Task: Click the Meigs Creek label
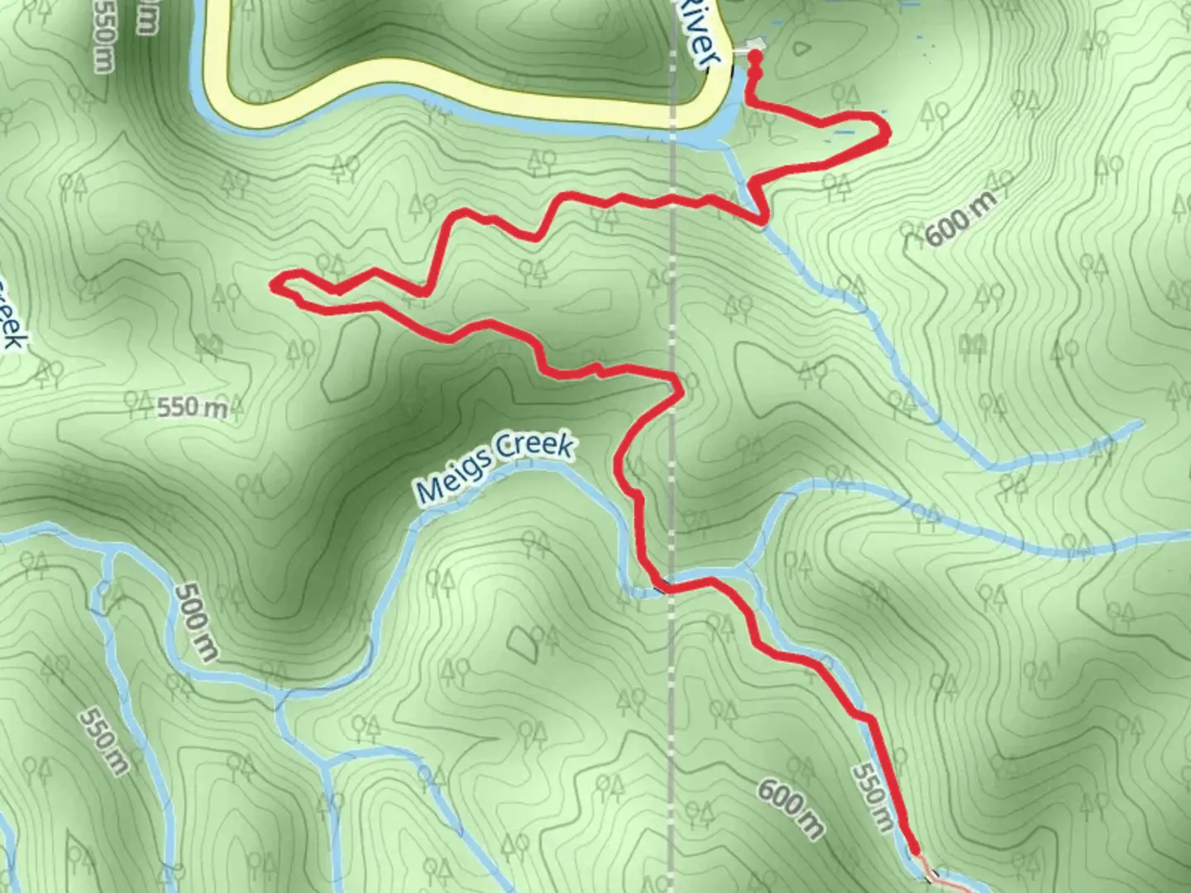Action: [495, 467]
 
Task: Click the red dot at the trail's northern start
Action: [754, 56]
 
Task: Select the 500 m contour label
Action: [197, 622]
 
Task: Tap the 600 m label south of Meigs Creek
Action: [791, 809]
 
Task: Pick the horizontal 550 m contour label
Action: [191, 406]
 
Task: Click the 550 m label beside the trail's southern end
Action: [873, 796]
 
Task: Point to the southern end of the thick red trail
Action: [915, 849]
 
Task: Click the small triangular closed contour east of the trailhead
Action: [799, 48]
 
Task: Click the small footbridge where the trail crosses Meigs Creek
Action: [660, 588]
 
